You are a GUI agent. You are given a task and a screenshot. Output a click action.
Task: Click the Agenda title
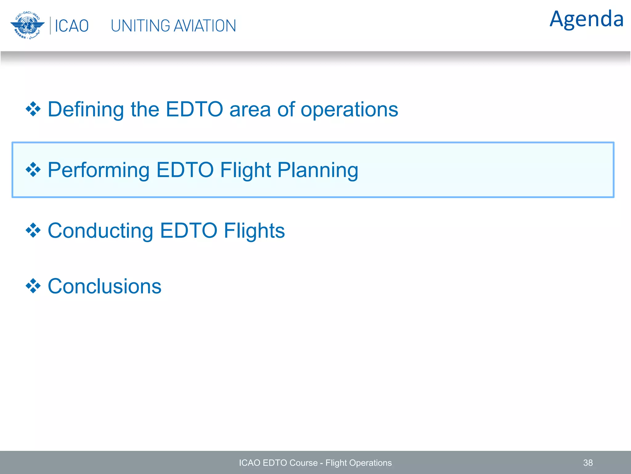pyautogui.click(x=586, y=19)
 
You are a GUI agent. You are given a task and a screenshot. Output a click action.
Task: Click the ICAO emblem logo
pyautogui.click(x=27, y=26)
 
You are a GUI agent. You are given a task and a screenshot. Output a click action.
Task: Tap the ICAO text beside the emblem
pyautogui.click(x=71, y=26)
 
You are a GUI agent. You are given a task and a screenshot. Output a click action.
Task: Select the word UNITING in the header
pyautogui.click(x=140, y=26)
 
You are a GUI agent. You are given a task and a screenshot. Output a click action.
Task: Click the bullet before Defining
pyautogui.click(x=33, y=109)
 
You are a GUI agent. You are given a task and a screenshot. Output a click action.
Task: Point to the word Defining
pyautogui.click(x=86, y=109)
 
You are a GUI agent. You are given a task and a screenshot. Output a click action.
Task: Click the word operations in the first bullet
pyautogui.click(x=349, y=109)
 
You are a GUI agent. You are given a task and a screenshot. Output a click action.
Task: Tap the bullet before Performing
pyautogui.click(x=33, y=170)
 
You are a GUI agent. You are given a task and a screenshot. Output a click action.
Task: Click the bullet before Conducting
pyautogui.click(x=33, y=231)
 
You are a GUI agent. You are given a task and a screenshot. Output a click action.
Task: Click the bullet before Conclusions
pyautogui.click(x=33, y=286)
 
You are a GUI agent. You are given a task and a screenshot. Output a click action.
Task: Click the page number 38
pyautogui.click(x=588, y=463)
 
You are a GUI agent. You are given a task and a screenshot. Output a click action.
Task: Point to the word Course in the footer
pyautogui.click(x=303, y=463)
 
